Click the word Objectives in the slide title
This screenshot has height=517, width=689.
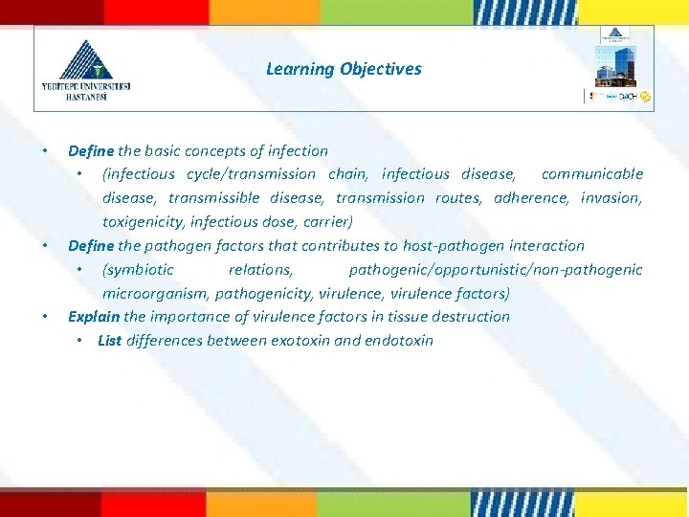[380, 69]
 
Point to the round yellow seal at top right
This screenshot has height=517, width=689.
[646, 97]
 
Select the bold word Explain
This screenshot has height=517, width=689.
[93, 317]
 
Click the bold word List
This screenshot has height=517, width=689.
[109, 341]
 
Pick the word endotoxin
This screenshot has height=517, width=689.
[399, 341]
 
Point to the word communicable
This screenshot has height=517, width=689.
[591, 174]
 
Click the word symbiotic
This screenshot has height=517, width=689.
[140, 270]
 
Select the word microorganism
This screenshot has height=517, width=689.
[156, 294]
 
